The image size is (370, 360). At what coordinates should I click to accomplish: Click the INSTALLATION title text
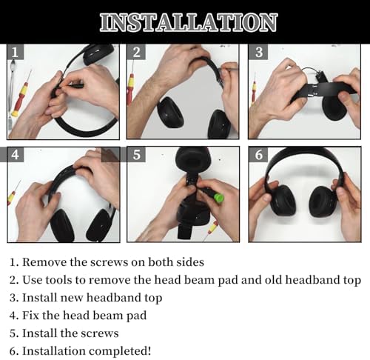click(x=189, y=22)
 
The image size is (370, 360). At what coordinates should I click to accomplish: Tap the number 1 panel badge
click(x=16, y=52)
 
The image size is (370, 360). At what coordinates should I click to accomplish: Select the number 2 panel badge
click(x=136, y=52)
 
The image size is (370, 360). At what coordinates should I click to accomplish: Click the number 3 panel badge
click(x=258, y=52)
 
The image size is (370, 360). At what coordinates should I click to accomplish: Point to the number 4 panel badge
click(x=16, y=155)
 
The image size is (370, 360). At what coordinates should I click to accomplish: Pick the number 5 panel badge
click(x=136, y=155)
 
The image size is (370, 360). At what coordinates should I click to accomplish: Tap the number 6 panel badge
click(x=258, y=155)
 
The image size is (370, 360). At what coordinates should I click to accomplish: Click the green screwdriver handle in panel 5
click(x=218, y=198)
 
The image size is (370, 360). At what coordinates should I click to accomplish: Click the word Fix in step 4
click(x=30, y=316)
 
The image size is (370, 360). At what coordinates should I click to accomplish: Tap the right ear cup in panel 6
click(x=322, y=201)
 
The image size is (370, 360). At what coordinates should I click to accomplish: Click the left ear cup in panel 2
click(x=170, y=113)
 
